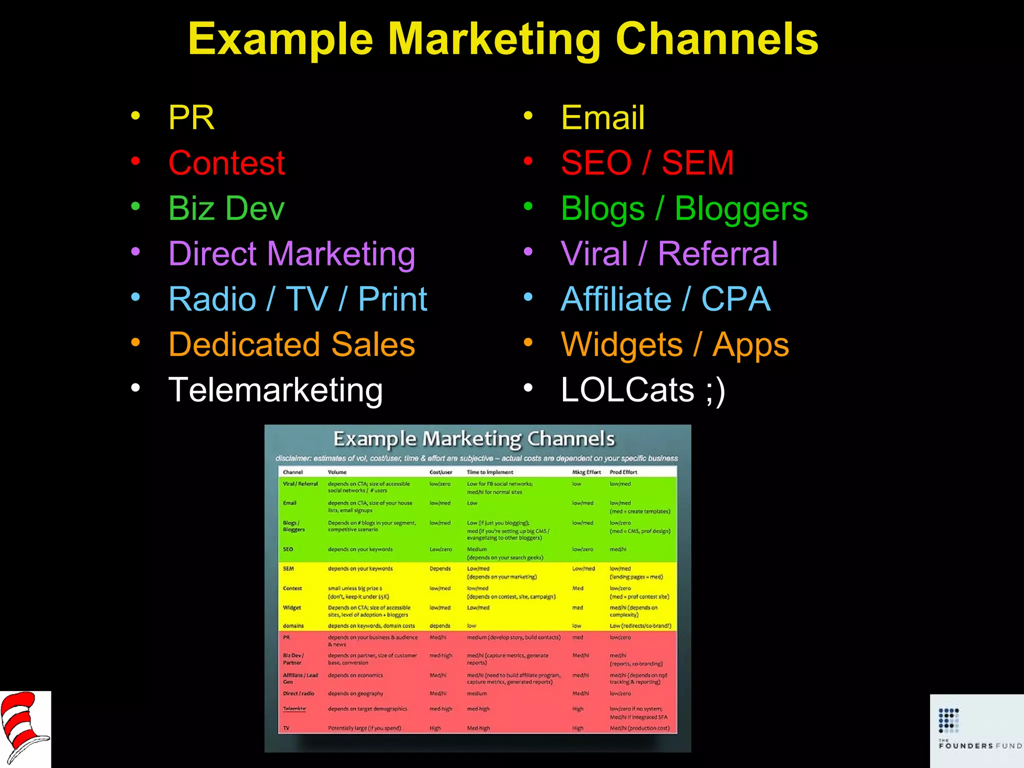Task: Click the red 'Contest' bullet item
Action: pos(226,163)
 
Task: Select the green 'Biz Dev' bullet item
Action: pos(226,208)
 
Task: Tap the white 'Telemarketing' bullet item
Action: pos(275,390)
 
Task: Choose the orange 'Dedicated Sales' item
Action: pos(291,344)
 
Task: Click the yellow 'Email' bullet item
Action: pos(602,118)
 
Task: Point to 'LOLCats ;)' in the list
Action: pos(642,390)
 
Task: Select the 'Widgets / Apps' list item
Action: pos(674,344)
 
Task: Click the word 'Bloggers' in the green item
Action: pos(741,208)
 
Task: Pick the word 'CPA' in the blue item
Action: pos(735,299)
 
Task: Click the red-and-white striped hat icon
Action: pos(24,728)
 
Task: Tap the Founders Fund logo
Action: pos(976,730)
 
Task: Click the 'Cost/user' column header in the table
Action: pos(440,472)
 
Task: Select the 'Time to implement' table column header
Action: pos(489,472)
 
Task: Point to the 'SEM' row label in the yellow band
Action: pos(288,568)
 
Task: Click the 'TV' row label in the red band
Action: pos(286,728)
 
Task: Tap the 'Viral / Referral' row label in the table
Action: pos(300,483)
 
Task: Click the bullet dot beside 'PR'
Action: pos(135,116)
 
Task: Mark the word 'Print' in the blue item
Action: pos(392,299)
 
